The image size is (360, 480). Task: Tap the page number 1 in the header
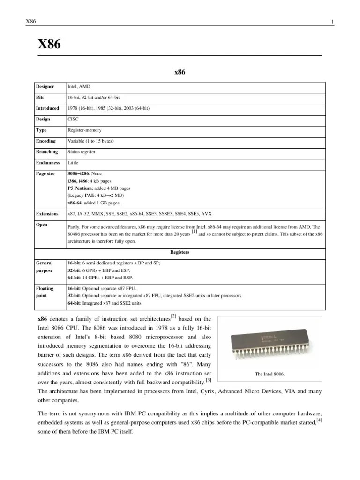coord(332,22)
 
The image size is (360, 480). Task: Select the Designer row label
coord(45,87)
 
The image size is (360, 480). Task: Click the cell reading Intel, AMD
coord(79,87)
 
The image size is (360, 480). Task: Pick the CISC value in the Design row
coord(74,119)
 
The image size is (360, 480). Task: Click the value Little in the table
coord(73,163)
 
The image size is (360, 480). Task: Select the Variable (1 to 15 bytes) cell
coord(91,141)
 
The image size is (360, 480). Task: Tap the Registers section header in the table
coord(180,252)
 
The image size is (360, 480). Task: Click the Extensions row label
coord(47,214)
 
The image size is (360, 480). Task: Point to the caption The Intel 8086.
coord(270,374)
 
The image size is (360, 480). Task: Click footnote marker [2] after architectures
coord(173,317)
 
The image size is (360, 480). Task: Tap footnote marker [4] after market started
coord(319,420)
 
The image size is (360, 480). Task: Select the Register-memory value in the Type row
coord(84,130)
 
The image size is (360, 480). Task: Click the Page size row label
coord(45,173)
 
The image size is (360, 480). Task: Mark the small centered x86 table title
coord(180,72)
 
